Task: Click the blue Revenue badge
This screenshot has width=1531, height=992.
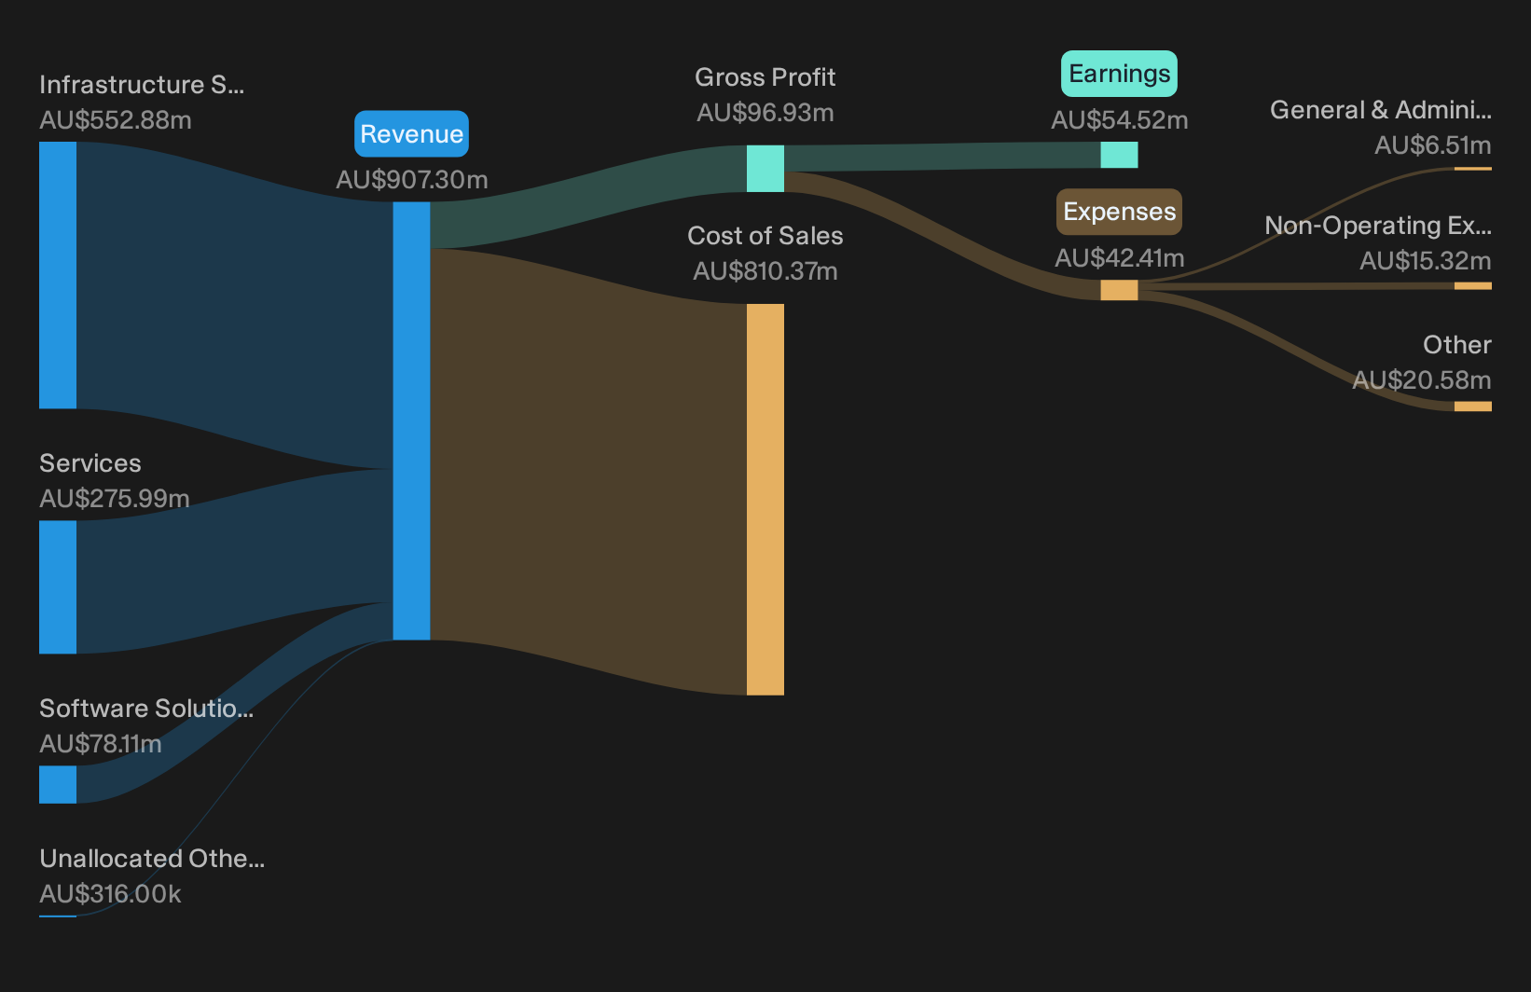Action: pos(411,134)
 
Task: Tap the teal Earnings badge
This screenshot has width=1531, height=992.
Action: pos(1119,74)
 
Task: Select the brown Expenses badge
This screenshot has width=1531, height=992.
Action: pos(1119,212)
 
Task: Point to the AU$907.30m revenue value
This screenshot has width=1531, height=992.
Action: pos(411,180)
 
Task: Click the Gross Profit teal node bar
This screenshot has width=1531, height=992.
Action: pos(765,168)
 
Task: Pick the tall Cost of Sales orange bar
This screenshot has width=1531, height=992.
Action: pos(765,499)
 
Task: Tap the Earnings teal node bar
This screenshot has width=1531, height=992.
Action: pos(1119,155)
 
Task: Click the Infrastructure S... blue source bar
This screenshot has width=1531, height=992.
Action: pos(58,275)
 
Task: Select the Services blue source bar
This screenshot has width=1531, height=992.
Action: pos(58,587)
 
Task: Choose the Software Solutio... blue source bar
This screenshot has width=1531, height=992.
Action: pos(58,784)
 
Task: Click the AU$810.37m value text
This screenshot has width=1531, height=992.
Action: pos(765,271)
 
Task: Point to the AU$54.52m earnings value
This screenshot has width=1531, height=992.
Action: pos(1119,120)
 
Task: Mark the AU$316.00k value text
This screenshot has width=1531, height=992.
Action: pos(110,894)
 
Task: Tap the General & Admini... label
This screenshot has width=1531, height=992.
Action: pos(1381,110)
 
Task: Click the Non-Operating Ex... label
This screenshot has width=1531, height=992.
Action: pos(1378,226)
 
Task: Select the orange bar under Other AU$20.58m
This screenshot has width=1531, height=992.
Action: pos(1473,406)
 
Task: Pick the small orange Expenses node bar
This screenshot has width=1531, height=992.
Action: pos(1119,290)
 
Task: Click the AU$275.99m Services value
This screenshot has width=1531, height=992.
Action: pos(114,499)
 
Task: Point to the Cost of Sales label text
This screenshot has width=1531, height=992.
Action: pos(765,236)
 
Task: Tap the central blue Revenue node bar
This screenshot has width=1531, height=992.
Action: pos(411,420)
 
